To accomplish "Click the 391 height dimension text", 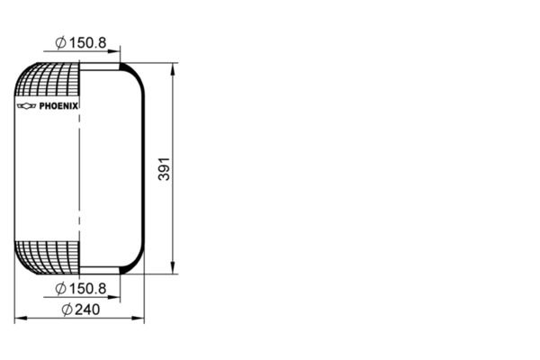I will (164, 167).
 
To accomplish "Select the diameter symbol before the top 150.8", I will (60, 41).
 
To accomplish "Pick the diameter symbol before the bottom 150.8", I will (60, 288).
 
